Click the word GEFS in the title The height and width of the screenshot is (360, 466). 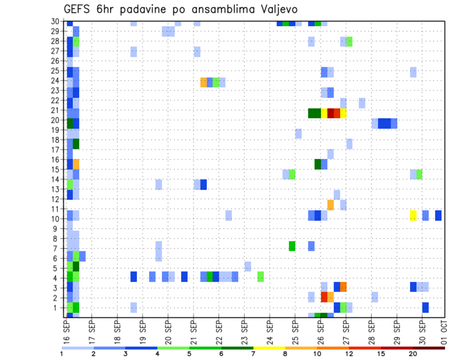coord(78,10)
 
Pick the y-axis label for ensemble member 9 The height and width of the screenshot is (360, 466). coord(56,228)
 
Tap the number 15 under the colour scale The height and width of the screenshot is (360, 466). coord(382,353)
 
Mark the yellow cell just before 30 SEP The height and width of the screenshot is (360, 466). coord(413,215)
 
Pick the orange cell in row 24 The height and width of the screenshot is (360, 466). coord(204,82)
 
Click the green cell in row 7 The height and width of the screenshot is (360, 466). coord(292,246)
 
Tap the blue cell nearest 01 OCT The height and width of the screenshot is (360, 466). coord(438,215)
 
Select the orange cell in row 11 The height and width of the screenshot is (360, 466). coord(331,205)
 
